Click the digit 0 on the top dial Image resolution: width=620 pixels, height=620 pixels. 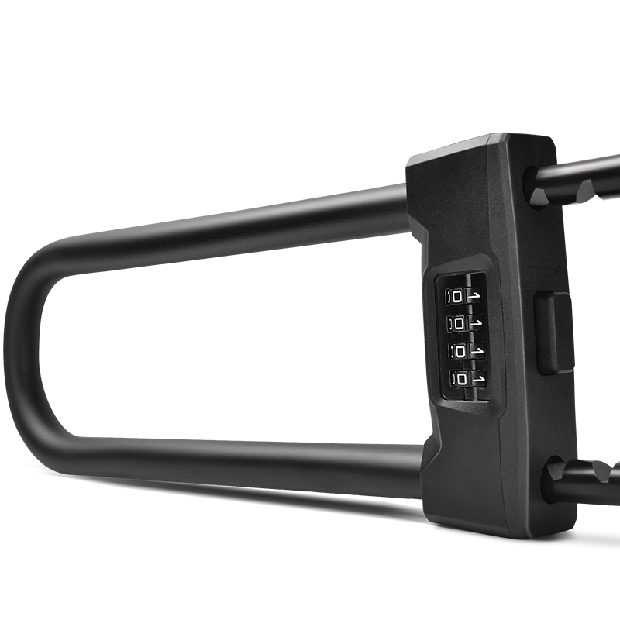point(457,297)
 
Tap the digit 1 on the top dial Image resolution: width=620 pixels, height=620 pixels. point(474,295)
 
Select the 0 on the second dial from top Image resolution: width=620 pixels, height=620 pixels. point(459,324)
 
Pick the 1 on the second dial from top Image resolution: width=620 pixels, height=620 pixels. point(476,323)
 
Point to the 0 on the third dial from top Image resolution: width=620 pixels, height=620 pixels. point(460,352)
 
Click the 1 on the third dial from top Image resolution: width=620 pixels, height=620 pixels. point(477,351)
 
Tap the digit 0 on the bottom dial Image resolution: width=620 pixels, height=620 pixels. point(462,380)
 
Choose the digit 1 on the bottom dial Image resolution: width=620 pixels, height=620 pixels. point(479,378)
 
